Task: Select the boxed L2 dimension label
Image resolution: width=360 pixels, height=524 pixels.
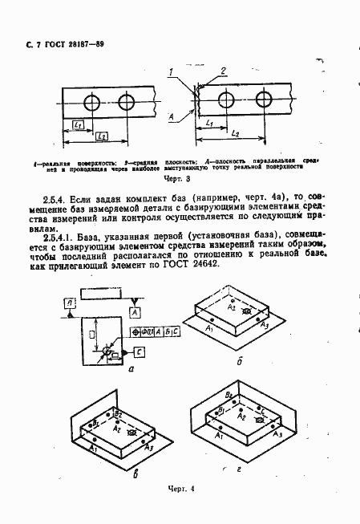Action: (103, 137)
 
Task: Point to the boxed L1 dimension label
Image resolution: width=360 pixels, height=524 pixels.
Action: (78, 124)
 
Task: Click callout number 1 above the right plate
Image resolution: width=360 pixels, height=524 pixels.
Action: (171, 73)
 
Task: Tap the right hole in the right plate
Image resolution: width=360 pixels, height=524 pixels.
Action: (264, 100)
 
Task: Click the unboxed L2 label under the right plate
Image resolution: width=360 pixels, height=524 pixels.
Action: (233, 131)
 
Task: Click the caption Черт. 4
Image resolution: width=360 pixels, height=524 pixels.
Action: (181, 488)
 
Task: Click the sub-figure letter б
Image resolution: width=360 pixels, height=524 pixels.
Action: (239, 361)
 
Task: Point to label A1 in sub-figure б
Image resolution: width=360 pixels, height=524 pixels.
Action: (209, 329)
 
